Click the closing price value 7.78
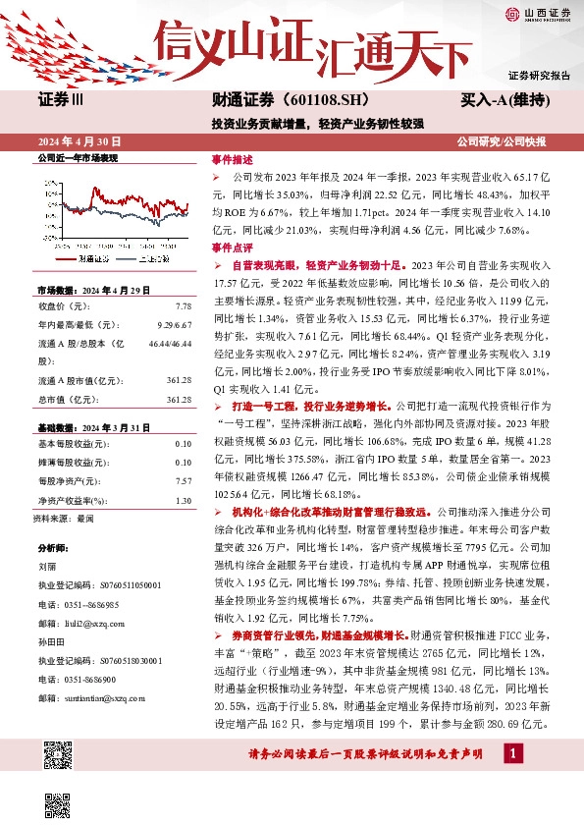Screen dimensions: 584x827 click(183, 306)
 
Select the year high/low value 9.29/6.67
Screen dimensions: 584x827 click(174, 325)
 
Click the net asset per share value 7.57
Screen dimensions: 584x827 click(183, 481)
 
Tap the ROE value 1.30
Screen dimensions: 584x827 click(183, 500)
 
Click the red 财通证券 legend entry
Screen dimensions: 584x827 click(92, 258)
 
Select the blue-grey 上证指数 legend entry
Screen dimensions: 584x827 click(154, 258)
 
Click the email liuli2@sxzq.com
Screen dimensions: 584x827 click(99, 622)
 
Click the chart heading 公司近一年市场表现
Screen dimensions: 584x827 click(77, 157)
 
